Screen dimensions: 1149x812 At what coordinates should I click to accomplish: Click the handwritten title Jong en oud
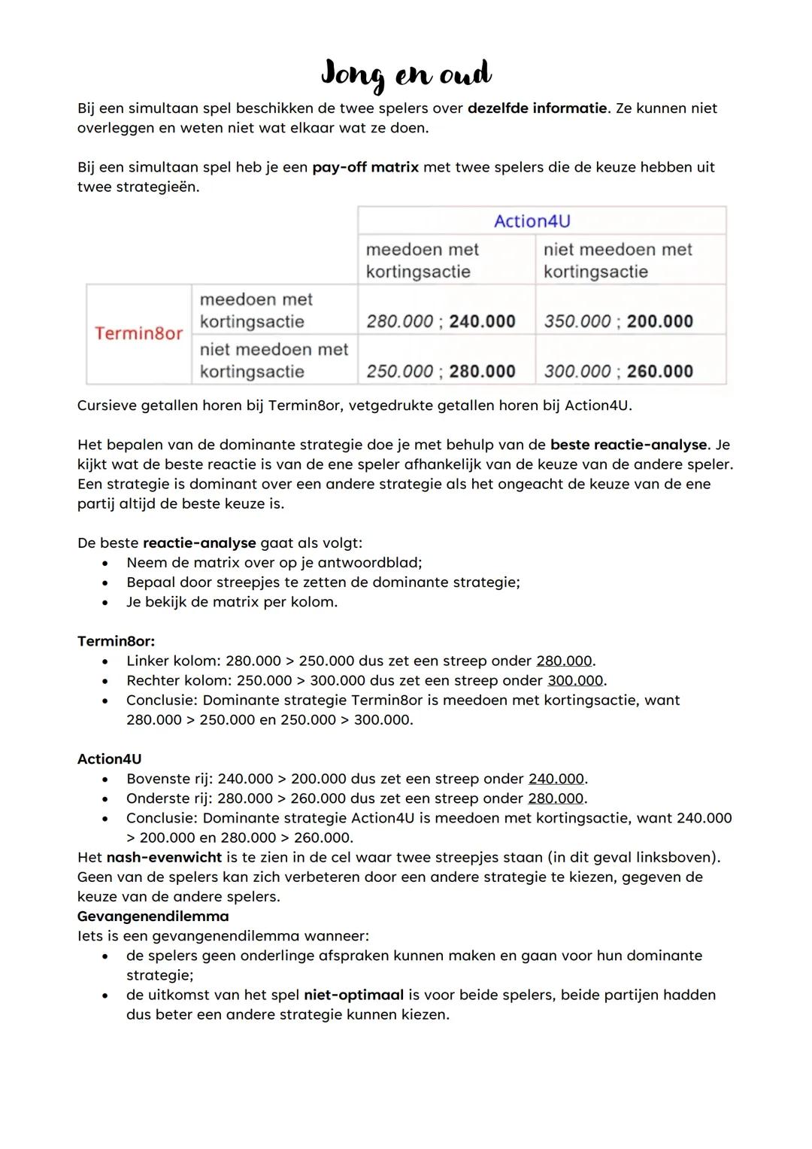coord(406,74)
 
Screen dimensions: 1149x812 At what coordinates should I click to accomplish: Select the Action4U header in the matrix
coord(532,220)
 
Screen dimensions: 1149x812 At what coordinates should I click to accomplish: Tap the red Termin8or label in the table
coord(138,333)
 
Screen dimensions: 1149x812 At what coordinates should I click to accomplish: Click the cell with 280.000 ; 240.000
coord(441,321)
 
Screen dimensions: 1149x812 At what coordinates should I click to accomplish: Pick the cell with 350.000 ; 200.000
coord(618,321)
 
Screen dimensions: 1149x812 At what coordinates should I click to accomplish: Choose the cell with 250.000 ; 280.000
coord(441,371)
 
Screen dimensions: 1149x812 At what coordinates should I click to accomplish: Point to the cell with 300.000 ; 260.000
coord(618,371)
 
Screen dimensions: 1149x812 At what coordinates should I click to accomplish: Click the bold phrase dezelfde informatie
coord(537,108)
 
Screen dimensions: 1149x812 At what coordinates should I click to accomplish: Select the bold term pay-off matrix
coord(365,167)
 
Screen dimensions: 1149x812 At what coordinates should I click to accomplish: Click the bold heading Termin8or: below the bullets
coord(116,641)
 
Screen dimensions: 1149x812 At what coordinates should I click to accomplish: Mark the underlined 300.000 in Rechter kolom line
coord(575,680)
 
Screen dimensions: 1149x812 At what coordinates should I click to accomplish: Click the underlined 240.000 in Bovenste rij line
coord(556,779)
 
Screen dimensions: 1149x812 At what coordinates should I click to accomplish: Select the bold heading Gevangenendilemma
coord(153,916)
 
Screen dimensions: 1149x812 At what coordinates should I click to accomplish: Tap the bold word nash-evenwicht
coord(164,857)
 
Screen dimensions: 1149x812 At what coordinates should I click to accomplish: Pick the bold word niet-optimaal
coord(353,995)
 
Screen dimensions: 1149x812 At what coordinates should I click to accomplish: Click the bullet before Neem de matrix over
coord(110,563)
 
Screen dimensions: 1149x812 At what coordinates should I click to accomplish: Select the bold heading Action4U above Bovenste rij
coord(109,759)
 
